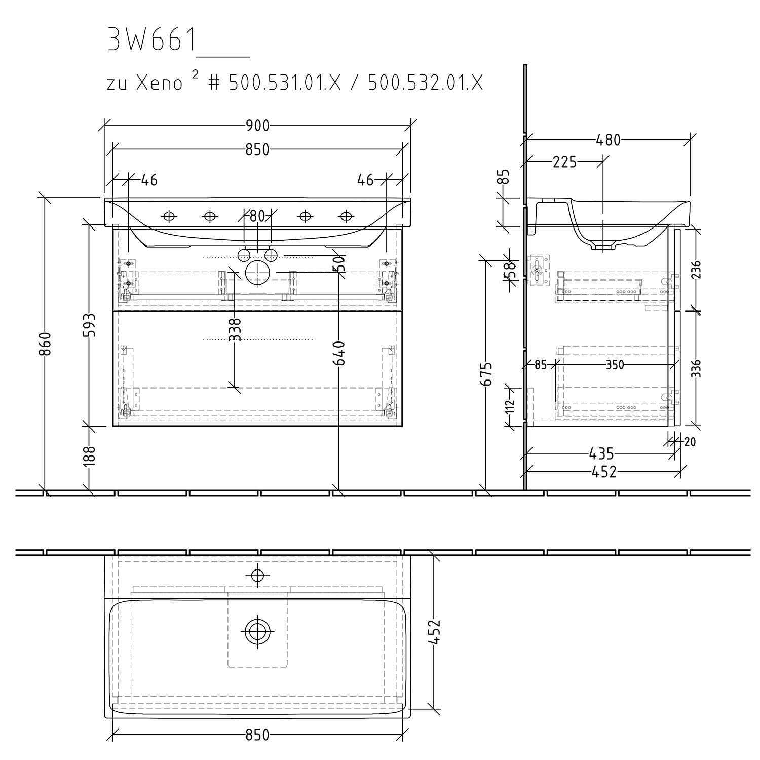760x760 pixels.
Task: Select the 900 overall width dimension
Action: coord(257,125)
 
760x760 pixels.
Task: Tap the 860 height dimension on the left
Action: coord(45,345)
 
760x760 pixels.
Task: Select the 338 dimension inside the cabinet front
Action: coord(234,330)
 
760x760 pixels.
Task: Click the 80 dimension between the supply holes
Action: coord(257,216)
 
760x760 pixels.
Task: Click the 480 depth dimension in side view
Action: coord(608,140)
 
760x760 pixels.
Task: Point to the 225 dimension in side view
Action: coord(564,162)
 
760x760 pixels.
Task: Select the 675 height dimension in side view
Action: coord(487,374)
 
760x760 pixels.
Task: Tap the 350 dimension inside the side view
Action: coord(615,365)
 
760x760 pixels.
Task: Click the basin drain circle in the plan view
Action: coord(257,631)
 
